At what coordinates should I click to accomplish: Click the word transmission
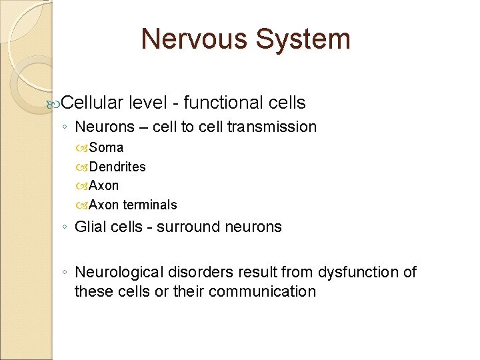(x=272, y=127)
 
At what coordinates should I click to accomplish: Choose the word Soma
(x=106, y=147)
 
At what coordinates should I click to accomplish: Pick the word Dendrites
(x=117, y=167)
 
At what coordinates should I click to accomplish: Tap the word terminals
(x=150, y=205)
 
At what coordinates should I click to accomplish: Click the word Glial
(x=89, y=227)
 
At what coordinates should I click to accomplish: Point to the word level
(x=151, y=103)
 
